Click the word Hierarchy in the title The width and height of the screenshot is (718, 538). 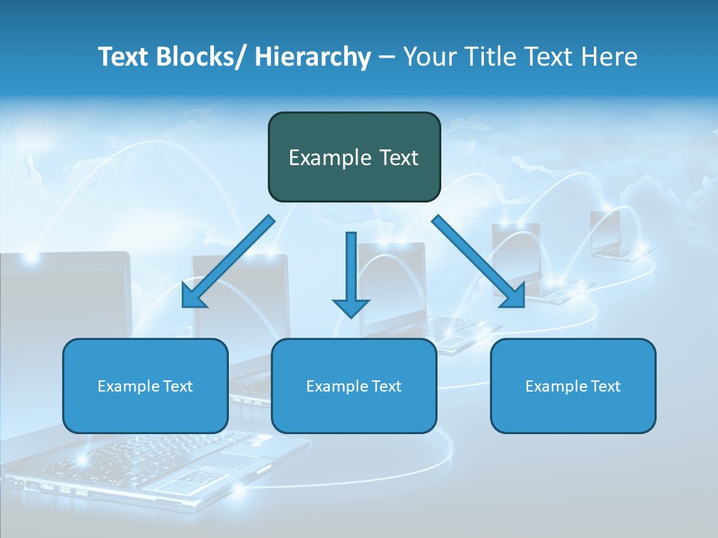[x=313, y=57]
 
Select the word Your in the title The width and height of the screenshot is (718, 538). [x=428, y=57]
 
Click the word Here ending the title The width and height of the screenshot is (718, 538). [x=610, y=57]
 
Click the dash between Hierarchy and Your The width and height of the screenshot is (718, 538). [x=387, y=58]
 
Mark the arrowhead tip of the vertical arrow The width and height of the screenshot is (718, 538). [x=351, y=316]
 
